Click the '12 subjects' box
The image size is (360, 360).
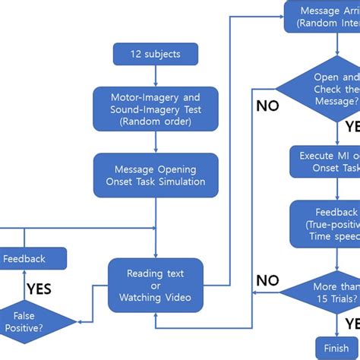tap(156, 54)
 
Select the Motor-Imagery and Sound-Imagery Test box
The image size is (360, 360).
tap(156, 108)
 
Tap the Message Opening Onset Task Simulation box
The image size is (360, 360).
tap(156, 175)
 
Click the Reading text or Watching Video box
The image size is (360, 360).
tap(156, 285)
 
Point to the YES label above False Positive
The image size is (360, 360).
tap(39, 289)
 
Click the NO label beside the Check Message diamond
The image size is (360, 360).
tap(267, 106)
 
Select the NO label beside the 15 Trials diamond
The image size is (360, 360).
tap(267, 280)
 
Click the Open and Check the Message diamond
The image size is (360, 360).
tap(327, 89)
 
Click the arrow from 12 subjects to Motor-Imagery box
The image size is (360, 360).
tap(156, 75)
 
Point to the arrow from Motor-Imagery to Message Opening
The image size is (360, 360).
tap(156, 141)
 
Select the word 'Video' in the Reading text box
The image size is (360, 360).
tap(177, 297)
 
